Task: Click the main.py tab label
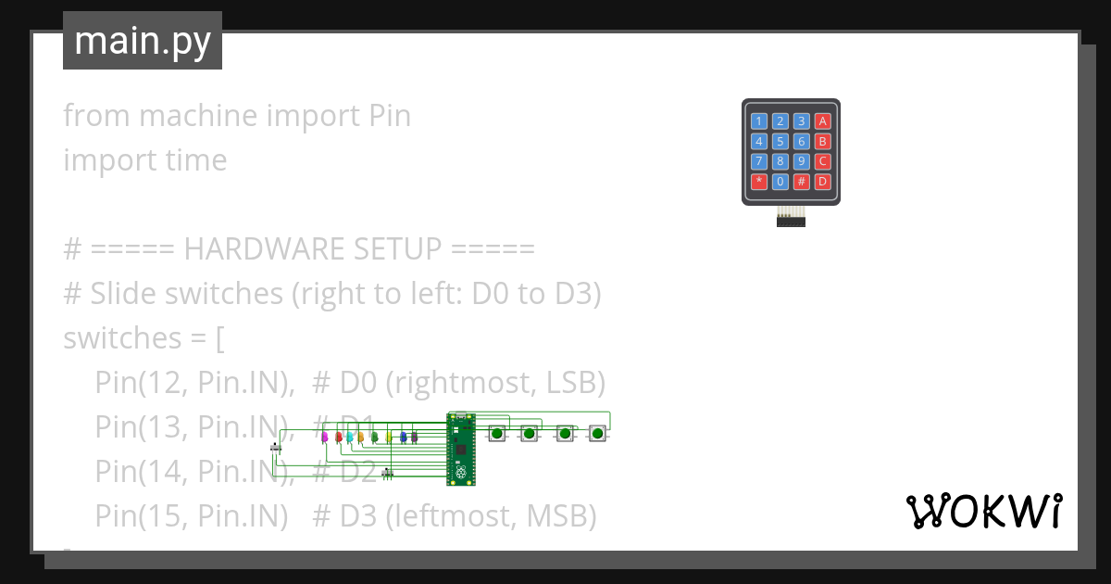click(x=142, y=42)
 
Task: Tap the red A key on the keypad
click(x=822, y=121)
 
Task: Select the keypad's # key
click(x=801, y=182)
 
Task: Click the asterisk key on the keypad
click(x=759, y=182)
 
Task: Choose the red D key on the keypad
click(x=822, y=182)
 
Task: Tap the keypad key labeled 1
click(x=759, y=121)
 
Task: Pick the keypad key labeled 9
click(x=801, y=161)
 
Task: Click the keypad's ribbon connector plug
click(x=791, y=219)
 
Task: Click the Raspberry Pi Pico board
click(x=462, y=450)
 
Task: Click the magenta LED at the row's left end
click(x=324, y=436)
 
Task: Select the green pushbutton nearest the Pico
click(x=497, y=433)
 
